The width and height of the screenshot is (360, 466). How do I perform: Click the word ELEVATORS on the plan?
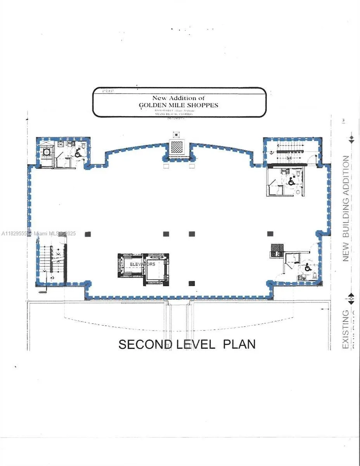pos(142,264)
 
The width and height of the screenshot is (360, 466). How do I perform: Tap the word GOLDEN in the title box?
pos(153,105)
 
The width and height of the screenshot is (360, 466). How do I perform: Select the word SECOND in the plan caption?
pos(145,344)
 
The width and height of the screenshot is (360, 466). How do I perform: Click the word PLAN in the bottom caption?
pos(239,344)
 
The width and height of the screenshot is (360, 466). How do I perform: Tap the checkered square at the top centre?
pos(177,148)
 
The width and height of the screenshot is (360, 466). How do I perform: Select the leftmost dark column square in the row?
pos(88,234)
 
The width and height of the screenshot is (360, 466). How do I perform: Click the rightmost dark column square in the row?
pos(270,234)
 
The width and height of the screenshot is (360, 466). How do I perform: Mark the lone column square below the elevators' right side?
pos(191,283)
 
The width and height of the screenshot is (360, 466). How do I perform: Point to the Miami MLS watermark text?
pos(39,234)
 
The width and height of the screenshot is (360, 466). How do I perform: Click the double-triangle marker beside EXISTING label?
pos(351,299)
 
